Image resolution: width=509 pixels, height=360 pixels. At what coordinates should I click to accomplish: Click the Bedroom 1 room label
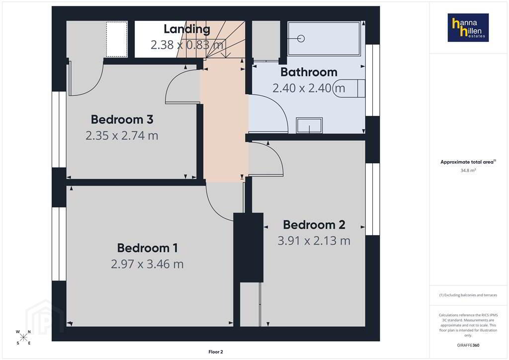(x=147, y=248)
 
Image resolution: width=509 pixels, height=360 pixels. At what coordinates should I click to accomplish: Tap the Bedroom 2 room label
(x=314, y=225)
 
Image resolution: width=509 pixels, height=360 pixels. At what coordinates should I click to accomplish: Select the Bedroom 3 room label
(x=122, y=119)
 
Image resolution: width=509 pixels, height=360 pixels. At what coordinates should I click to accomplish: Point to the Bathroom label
(x=309, y=72)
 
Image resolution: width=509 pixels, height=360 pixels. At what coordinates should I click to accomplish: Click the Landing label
(x=187, y=29)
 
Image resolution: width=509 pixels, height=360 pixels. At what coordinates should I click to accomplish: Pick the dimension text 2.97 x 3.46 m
(x=147, y=264)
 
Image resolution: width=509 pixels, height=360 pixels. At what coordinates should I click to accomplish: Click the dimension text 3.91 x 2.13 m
(x=314, y=241)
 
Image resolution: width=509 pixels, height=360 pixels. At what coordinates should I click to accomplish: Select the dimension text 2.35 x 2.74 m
(x=122, y=135)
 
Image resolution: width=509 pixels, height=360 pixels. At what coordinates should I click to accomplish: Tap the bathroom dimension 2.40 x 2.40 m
(x=309, y=88)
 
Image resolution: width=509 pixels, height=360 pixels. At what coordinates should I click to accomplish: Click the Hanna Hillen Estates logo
(x=468, y=27)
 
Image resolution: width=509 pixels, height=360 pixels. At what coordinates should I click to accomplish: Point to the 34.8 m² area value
(x=468, y=171)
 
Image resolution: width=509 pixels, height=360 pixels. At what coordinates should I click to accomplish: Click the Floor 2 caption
(x=216, y=352)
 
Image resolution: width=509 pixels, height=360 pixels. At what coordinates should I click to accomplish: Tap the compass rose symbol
(x=23, y=337)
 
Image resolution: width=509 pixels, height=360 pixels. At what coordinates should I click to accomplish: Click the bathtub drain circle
(x=301, y=39)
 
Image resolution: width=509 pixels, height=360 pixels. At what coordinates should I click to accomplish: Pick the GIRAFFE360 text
(x=468, y=345)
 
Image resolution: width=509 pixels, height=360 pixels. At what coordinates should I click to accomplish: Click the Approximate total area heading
(x=468, y=162)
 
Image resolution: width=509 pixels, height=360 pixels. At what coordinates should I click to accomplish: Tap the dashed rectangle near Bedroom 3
(x=117, y=39)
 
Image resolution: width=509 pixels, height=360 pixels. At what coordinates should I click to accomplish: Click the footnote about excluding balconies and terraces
(x=468, y=295)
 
